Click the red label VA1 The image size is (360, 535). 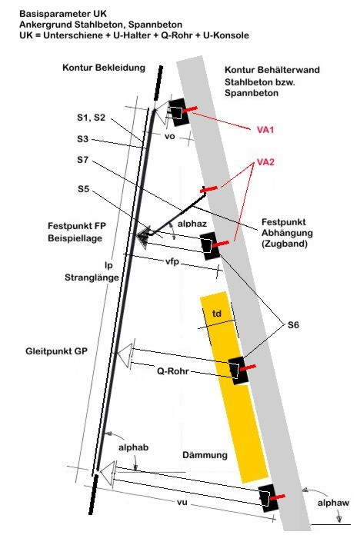[265, 130]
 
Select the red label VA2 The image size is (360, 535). [265, 161]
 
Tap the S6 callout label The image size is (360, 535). [293, 325]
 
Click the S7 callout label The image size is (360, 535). [82, 160]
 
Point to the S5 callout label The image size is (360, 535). [83, 189]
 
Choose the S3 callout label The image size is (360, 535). [82, 139]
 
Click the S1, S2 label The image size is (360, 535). [91, 118]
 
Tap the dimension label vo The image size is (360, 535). [169, 137]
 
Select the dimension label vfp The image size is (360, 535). [172, 261]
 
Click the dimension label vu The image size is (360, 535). [182, 502]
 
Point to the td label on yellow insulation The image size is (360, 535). [217, 313]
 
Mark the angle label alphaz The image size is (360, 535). [192, 224]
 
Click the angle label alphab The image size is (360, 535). [134, 447]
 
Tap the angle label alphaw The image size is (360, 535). [333, 503]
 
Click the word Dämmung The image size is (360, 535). [205, 455]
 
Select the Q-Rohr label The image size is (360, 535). [173, 371]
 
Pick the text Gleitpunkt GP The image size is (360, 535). [56, 351]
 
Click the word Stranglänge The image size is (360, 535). [92, 277]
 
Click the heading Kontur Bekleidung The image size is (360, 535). [104, 68]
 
